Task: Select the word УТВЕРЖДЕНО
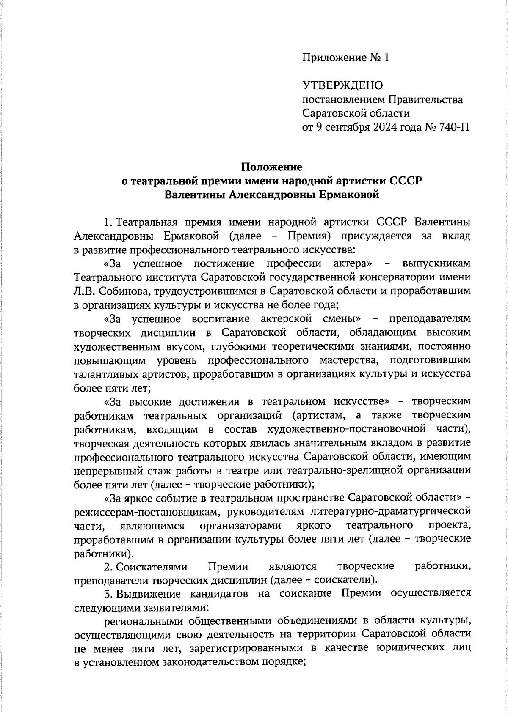342,85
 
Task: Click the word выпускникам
436,263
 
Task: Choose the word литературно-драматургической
390,512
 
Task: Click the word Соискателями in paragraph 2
151,566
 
